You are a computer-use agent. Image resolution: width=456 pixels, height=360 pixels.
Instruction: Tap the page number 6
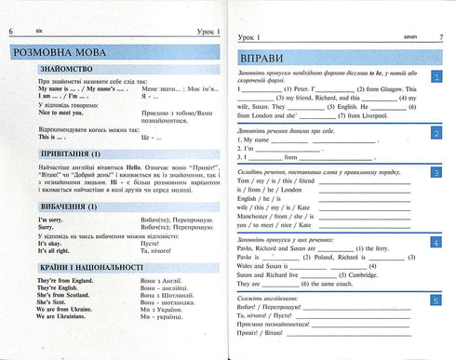click(x=11, y=8)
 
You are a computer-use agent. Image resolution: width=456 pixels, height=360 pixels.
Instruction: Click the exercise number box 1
click(x=437, y=77)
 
